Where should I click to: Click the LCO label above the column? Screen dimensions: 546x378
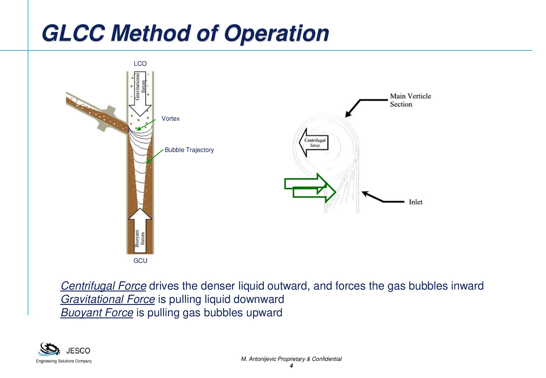coord(140,64)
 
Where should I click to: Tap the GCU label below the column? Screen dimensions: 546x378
coord(140,261)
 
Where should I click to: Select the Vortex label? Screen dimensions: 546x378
coord(171,119)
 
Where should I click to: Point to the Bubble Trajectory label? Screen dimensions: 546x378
coord(189,150)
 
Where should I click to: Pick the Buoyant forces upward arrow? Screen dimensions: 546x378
coord(140,231)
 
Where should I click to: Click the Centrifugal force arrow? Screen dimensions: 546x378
coord(314,143)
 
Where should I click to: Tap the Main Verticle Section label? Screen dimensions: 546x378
coord(410,100)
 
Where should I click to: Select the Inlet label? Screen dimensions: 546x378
coord(415,202)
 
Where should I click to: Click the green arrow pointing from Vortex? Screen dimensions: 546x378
coord(146,125)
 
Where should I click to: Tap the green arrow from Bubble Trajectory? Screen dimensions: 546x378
coord(155,156)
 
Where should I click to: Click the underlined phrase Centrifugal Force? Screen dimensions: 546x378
coord(104,286)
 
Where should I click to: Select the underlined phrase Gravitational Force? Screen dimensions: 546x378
coord(108,299)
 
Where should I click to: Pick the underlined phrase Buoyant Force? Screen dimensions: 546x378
coord(97,313)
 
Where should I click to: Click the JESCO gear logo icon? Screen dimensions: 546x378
coord(50,349)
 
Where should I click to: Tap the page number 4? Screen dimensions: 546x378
coord(291,366)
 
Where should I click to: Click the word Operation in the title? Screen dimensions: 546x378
coord(276,33)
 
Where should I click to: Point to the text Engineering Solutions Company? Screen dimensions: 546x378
coord(64,361)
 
